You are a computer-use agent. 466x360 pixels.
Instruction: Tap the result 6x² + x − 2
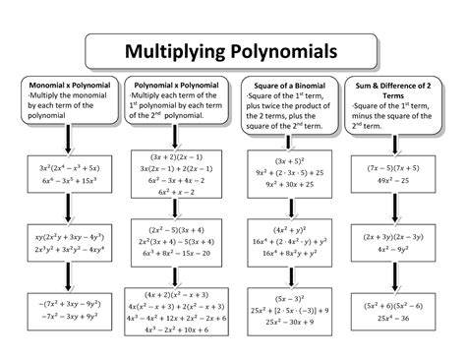tap(180, 193)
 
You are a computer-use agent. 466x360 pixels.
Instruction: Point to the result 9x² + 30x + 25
tap(291, 184)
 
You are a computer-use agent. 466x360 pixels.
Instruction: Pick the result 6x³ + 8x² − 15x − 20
tap(180, 254)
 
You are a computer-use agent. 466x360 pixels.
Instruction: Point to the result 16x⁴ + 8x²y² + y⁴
tap(291, 254)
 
